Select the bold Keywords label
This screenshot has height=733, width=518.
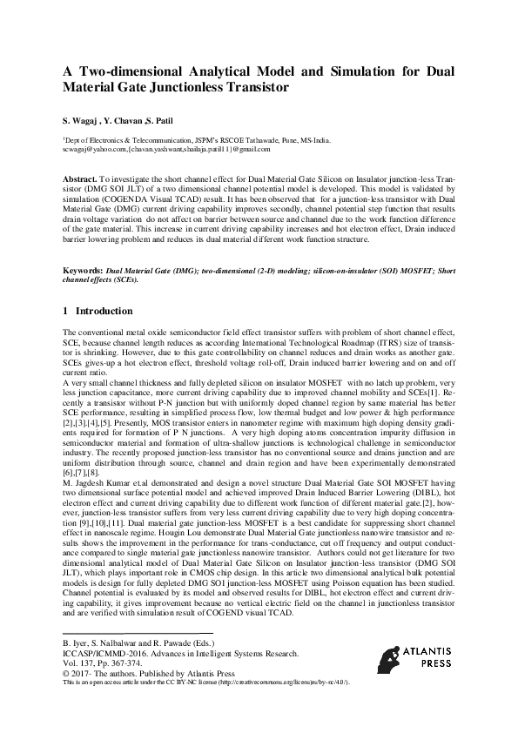pos(84,248)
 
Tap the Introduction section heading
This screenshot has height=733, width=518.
pos(104,311)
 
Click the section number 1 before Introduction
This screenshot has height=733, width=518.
pos(66,311)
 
